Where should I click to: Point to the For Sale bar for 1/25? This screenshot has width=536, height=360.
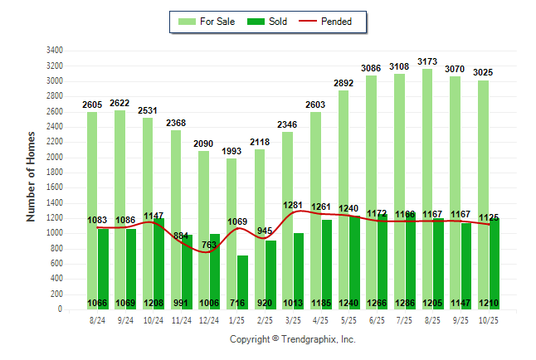coord(231,224)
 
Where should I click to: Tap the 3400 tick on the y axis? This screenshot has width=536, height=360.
coord(56,51)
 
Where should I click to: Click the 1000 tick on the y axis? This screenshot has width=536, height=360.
coord(56,233)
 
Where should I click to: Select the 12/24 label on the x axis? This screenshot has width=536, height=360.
coord(209,319)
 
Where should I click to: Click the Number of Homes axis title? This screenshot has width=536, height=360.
coord(32,175)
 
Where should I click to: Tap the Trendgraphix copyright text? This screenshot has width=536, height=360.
coord(292,339)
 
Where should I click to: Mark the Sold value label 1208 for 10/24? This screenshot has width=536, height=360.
coord(153,303)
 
